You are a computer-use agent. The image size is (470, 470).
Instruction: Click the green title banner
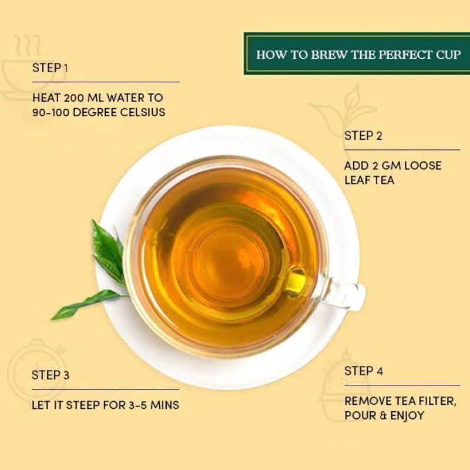357,54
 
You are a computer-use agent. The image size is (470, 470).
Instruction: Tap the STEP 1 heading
50,68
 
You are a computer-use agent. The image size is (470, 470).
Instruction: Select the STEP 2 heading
363,136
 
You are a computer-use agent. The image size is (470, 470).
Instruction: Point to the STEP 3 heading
51,375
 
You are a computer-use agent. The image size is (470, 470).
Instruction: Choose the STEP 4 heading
364,371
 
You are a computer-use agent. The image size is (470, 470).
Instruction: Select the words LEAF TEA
369,180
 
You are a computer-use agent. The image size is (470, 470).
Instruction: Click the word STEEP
87,405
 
